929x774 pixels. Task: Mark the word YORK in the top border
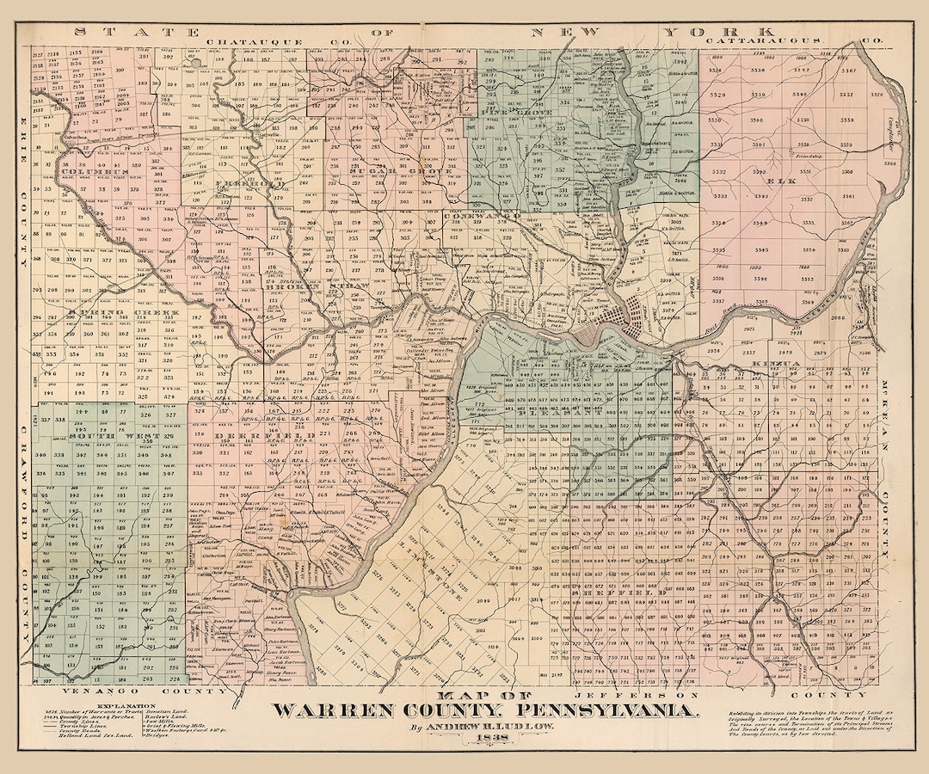click(x=692, y=31)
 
